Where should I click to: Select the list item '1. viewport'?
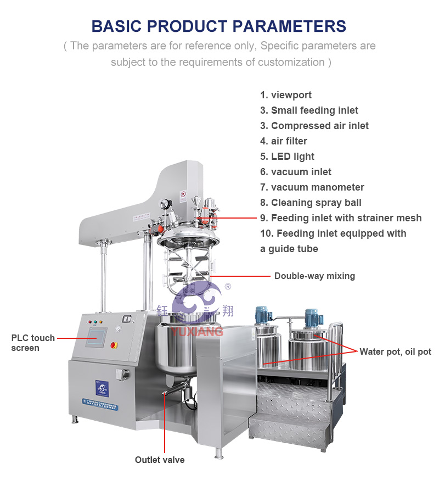tap(286, 95)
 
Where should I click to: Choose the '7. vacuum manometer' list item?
tap(312, 187)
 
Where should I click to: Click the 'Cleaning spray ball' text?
tap(311, 203)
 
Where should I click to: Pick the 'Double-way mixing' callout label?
tap(314, 276)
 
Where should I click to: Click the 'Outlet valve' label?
tap(160, 460)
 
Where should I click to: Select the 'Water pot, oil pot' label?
tap(395, 351)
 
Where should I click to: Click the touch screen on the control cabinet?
tap(95, 337)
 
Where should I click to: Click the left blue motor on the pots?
tap(261, 314)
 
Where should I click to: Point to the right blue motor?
tap(312, 316)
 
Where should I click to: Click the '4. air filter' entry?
tap(284, 141)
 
